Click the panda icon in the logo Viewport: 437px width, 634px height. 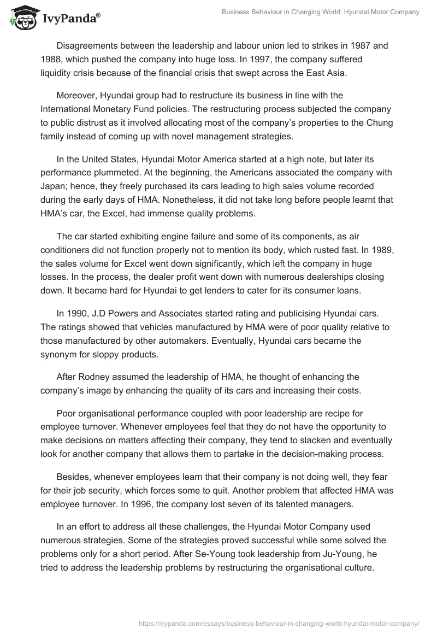(x=21, y=18)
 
